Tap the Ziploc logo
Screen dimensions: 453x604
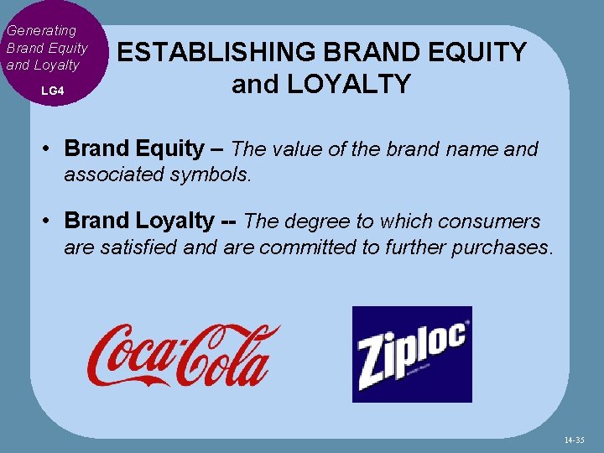[412, 354]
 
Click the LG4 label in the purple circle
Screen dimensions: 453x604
[52, 90]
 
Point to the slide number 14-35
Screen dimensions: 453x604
[575, 439]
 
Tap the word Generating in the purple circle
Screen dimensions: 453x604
[41, 30]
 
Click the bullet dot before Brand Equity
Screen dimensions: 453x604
[50, 149]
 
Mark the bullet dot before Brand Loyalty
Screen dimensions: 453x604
[50, 221]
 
